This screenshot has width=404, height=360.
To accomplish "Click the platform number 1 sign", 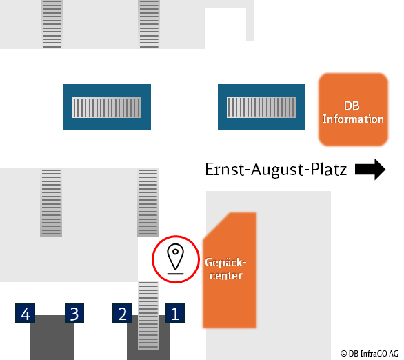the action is [175, 313].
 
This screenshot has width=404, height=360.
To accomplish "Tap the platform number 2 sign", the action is [123, 313].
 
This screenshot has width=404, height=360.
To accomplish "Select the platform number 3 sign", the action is [74, 313].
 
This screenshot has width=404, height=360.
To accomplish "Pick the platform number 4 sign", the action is [25, 313].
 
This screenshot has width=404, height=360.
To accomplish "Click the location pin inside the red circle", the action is [176, 259].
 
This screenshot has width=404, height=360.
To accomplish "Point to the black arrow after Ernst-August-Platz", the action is [370, 169].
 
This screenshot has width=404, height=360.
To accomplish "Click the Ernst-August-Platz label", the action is [276, 170].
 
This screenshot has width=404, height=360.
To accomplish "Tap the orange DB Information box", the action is [353, 110].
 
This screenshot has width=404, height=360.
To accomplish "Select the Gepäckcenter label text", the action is [225, 269].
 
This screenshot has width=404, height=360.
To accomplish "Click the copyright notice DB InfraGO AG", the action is [370, 354].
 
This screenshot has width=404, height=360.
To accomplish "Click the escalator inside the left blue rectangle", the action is [106, 107].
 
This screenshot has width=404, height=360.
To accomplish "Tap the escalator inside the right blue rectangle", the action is [261, 107].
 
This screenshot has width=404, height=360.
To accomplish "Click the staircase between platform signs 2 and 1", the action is [148, 316].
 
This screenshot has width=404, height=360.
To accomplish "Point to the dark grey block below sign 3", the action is [52, 337].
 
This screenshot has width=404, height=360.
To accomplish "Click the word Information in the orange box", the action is [353, 119].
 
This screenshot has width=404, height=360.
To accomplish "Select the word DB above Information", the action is [352, 106].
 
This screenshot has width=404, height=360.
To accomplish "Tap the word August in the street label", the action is [277, 170].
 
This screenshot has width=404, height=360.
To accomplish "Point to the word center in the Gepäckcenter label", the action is [226, 276].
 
